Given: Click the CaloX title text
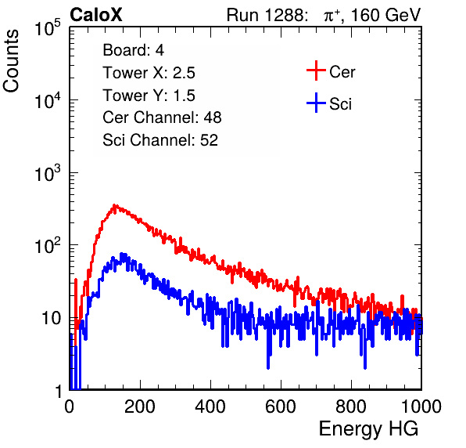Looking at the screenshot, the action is pyautogui.click(x=96, y=15).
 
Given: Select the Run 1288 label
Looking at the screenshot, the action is pyautogui.click(x=267, y=15).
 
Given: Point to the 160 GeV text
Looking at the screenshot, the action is pyautogui.click(x=386, y=15).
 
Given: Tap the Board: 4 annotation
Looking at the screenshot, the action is pyautogui.click(x=133, y=50).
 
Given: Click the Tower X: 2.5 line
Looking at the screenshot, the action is pyautogui.click(x=149, y=73).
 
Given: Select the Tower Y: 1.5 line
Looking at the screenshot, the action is pyautogui.click(x=149, y=96).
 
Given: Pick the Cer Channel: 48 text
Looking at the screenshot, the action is pyautogui.click(x=162, y=117).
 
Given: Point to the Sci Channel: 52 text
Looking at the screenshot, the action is pyautogui.click(x=160, y=140).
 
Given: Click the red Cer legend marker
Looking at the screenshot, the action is pyautogui.click(x=316, y=70).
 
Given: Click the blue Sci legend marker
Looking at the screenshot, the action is pyautogui.click(x=316, y=103).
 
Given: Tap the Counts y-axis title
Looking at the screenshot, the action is pyautogui.click(x=11, y=61).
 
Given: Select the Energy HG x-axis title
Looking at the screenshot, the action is pyautogui.click(x=368, y=429).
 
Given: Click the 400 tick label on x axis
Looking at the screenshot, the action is pyautogui.click(x=210, y=406).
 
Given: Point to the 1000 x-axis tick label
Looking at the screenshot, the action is pyautogui.click(x=421, y=406).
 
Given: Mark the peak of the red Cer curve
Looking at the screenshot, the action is pyautogui.click(x=115, y=205).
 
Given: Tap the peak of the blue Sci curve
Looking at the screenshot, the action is pyautogui.click(x=122, y=254).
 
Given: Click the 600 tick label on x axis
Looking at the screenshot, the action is pyautogui.click(x=281, y=406).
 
